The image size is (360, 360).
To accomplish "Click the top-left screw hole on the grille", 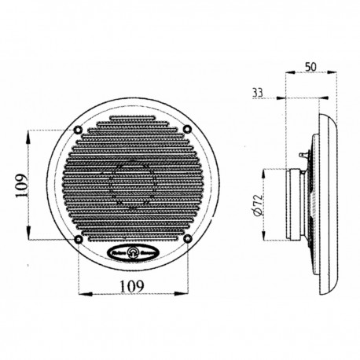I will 78,130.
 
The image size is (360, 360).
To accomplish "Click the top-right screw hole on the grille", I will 187,130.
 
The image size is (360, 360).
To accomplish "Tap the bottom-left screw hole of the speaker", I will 78,239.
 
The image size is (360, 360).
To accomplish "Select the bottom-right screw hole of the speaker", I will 187,239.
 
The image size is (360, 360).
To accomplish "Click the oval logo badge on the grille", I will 132,252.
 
